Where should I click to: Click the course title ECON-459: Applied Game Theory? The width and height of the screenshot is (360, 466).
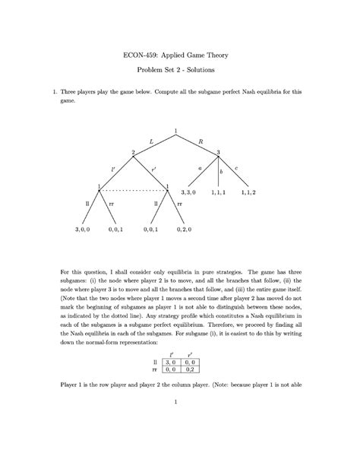[180, 55]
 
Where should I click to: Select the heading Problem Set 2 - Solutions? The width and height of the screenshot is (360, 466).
[180, 70]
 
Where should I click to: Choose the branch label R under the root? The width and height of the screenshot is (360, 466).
[201, 141]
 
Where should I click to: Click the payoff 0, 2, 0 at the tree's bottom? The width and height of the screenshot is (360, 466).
[185, 228]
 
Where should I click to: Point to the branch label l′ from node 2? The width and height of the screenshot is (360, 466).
[113, 167]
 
